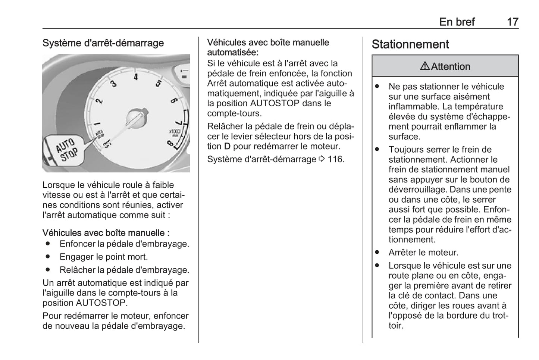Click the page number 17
pyautogui.click(x=513, y=22)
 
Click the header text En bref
pyautogui.click(x=457, y=22)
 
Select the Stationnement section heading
pyautogui.click(x=410, y=44)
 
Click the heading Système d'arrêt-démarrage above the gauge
pyautogui.click(x=103, y=43)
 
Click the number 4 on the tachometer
pyautogui.click(x=136, y=77)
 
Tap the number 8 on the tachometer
pyautogui.click(x=170, y=143)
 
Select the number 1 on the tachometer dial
pyautogui.click(x=97, y=123)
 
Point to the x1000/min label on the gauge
pyautogui.click(x=174, y=132)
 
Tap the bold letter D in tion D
pyautogui.click(x=227, y=147)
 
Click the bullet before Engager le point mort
pyautogui.click(x=48, y=257)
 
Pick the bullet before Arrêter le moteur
pyautogui.click(x=377, y=253)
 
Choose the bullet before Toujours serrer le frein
pyautogui.click(x=377, y=150)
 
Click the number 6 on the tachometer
pyautogui.click(x=173, y=100)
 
